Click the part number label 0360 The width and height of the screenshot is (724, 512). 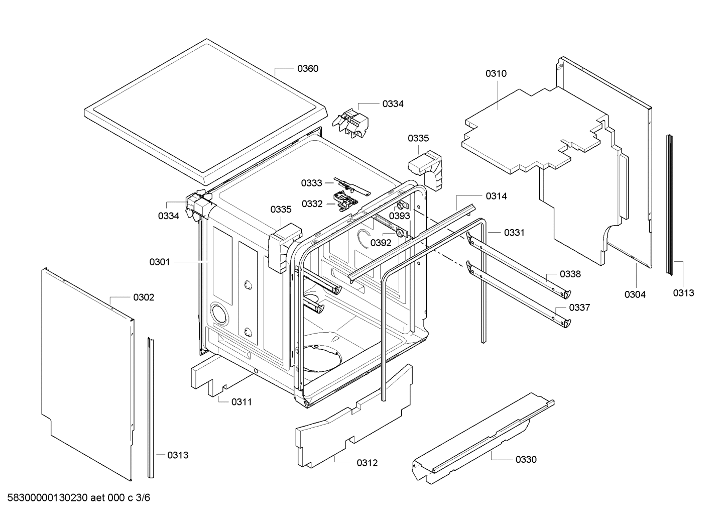click(307, 68)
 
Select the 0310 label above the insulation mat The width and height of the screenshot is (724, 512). click(496, 73)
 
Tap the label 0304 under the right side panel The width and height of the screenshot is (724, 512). click(635, 294)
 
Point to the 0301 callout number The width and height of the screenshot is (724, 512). click(160, 262)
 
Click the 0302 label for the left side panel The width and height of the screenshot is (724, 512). click(144, 297)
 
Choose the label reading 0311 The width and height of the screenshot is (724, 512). click(242, 401)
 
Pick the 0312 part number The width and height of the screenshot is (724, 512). click(367, 463)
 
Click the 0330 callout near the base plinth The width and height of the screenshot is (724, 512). click(526, 459)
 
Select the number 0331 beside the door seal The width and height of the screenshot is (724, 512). click(514, 233)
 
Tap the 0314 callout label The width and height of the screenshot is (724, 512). click(496, 196)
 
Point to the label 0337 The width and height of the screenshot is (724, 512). click(579, 308)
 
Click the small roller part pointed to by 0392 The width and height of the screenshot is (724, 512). click(400, 234)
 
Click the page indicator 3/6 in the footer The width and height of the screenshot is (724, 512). click(143, 498)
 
